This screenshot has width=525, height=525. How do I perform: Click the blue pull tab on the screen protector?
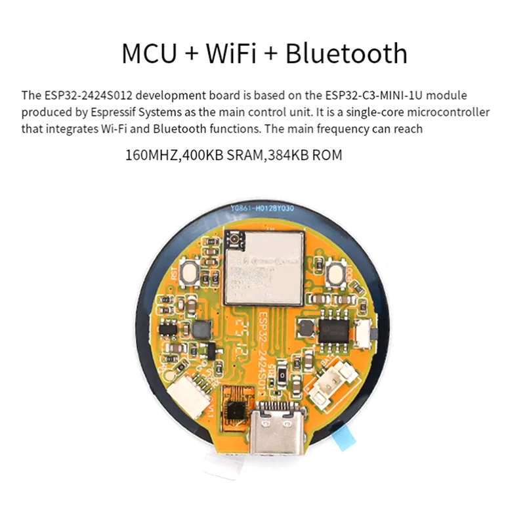click(349, 440)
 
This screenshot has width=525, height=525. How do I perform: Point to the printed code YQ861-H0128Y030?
click(262, 209)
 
